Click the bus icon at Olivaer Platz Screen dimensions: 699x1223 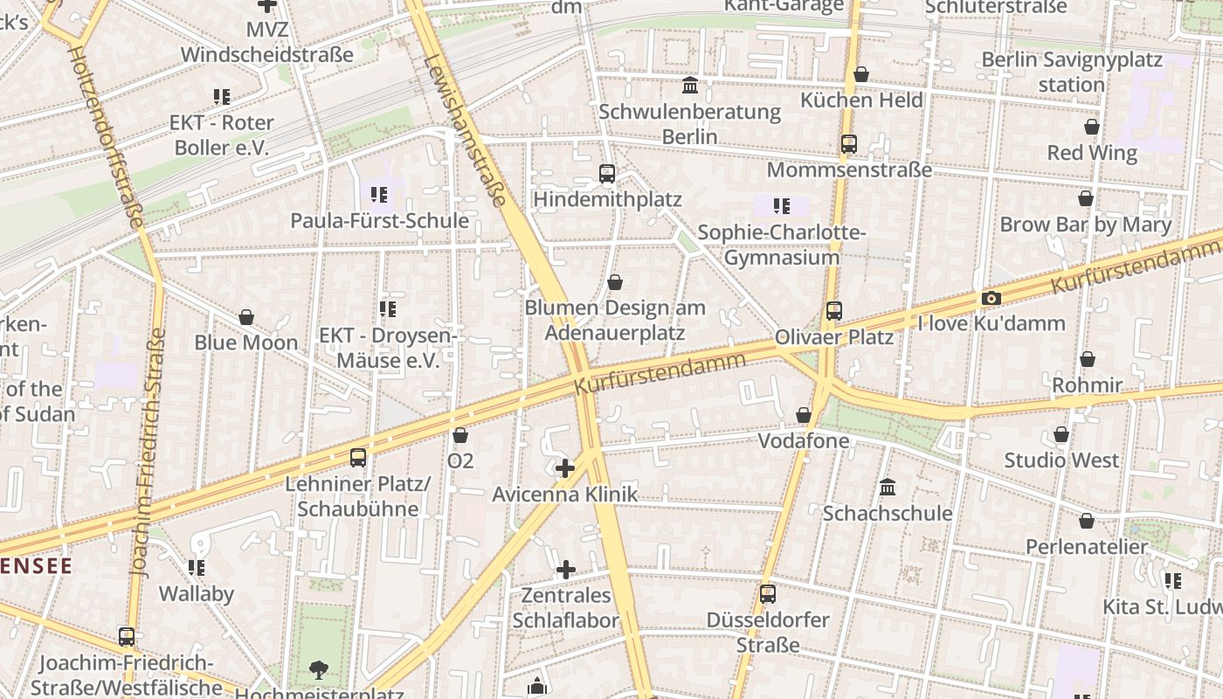pyautogui.click(x=834, y=310)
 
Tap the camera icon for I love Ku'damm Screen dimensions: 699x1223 pyautogui.click(x=991, y=298)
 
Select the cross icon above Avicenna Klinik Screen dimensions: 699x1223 pyautogui.click(x=565, y=467)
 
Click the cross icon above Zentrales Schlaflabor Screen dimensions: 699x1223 pyautogui.click(x=565, y=570)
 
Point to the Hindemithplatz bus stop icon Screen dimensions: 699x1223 pyautogui.click(x=607, y=173)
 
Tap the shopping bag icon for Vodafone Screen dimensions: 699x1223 pyautogui.click(x=804, y=414)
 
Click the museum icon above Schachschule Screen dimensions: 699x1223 pyautogui.click(x=888, y=487)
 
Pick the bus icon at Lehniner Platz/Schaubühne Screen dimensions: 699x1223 pyautogui.click(x=358, y=457)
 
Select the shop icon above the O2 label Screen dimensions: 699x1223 pyautogui.click(x=460, y=434)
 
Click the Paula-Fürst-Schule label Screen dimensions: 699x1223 pyautogui.click(x=379, y=220)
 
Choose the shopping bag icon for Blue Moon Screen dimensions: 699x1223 pyautogui.click(x=246, y=316)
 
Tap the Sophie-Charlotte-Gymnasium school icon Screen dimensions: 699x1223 pyautogui.click(x=781, y=206)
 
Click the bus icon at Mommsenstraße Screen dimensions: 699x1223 pyautogui.click(x=849, y=144)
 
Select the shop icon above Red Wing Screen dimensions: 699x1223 pyautogui.click(x=1092, y=127)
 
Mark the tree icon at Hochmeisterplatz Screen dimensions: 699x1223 pyautogui.click(x=319, y=670)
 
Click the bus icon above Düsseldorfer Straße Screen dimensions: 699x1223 pyautogui.click(x=767, y=594)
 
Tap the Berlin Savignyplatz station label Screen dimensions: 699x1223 pyautogui.click(x=1072, y=72)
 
